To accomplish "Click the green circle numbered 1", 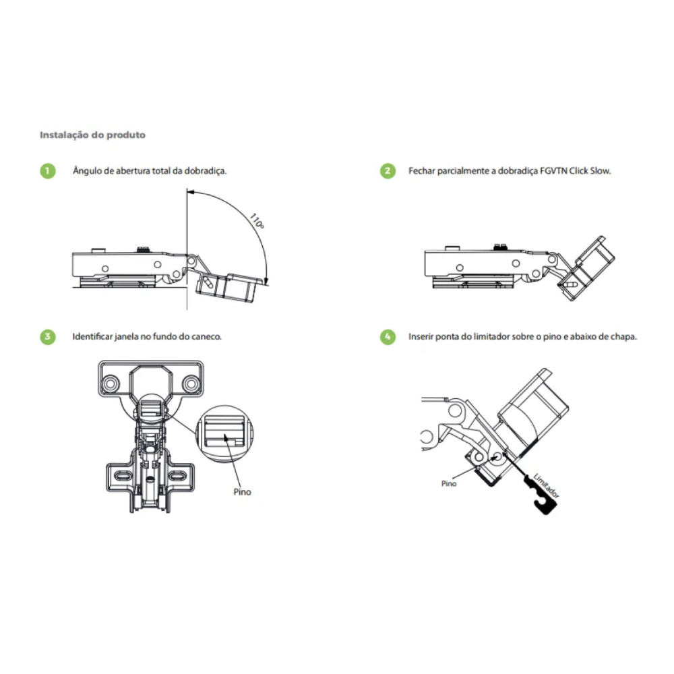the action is point(48,171).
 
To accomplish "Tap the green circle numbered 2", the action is point(388,171).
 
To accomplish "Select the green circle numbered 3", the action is point(48,336).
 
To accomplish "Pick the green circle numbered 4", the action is point(388,336).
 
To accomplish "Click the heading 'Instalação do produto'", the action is point(92,135).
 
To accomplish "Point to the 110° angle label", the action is point(257,221).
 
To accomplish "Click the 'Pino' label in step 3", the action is point(242,492).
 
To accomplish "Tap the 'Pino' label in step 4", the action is point(449,483).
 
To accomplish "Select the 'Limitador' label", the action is point(547,486).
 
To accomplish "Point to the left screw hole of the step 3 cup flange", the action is point(111,384).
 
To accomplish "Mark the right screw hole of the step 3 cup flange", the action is point(191,384).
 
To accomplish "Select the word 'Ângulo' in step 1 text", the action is point(87,171).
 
